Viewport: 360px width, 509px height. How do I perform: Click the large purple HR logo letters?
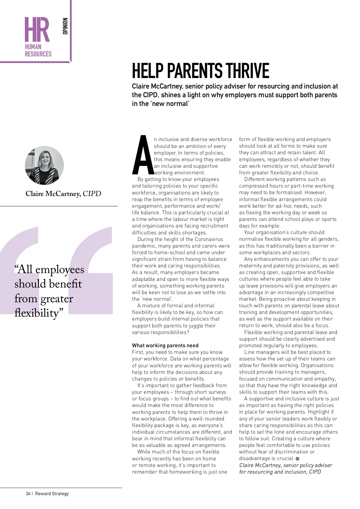[37, 29]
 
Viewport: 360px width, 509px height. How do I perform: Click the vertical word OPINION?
[65, 26]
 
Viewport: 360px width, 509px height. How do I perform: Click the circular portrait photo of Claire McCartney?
[44, 165]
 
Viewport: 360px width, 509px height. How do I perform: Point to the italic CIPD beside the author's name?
[92, 194]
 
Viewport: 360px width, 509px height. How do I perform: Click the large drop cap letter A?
[142, 155]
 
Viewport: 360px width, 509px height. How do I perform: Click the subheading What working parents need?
[165, 345]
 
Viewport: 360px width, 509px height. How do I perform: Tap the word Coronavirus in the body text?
[209, 239]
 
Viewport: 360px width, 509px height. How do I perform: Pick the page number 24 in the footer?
[28, 493]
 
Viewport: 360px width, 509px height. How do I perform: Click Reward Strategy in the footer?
[52, 493]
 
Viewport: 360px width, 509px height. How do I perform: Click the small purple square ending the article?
[297, 459]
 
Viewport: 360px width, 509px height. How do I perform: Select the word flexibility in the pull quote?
[37, 313]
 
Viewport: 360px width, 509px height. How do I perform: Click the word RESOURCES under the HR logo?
[38, 54]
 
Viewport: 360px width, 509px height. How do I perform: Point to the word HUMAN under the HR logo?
[33, 47]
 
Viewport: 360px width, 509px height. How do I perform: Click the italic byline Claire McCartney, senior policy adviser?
[286, 465]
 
